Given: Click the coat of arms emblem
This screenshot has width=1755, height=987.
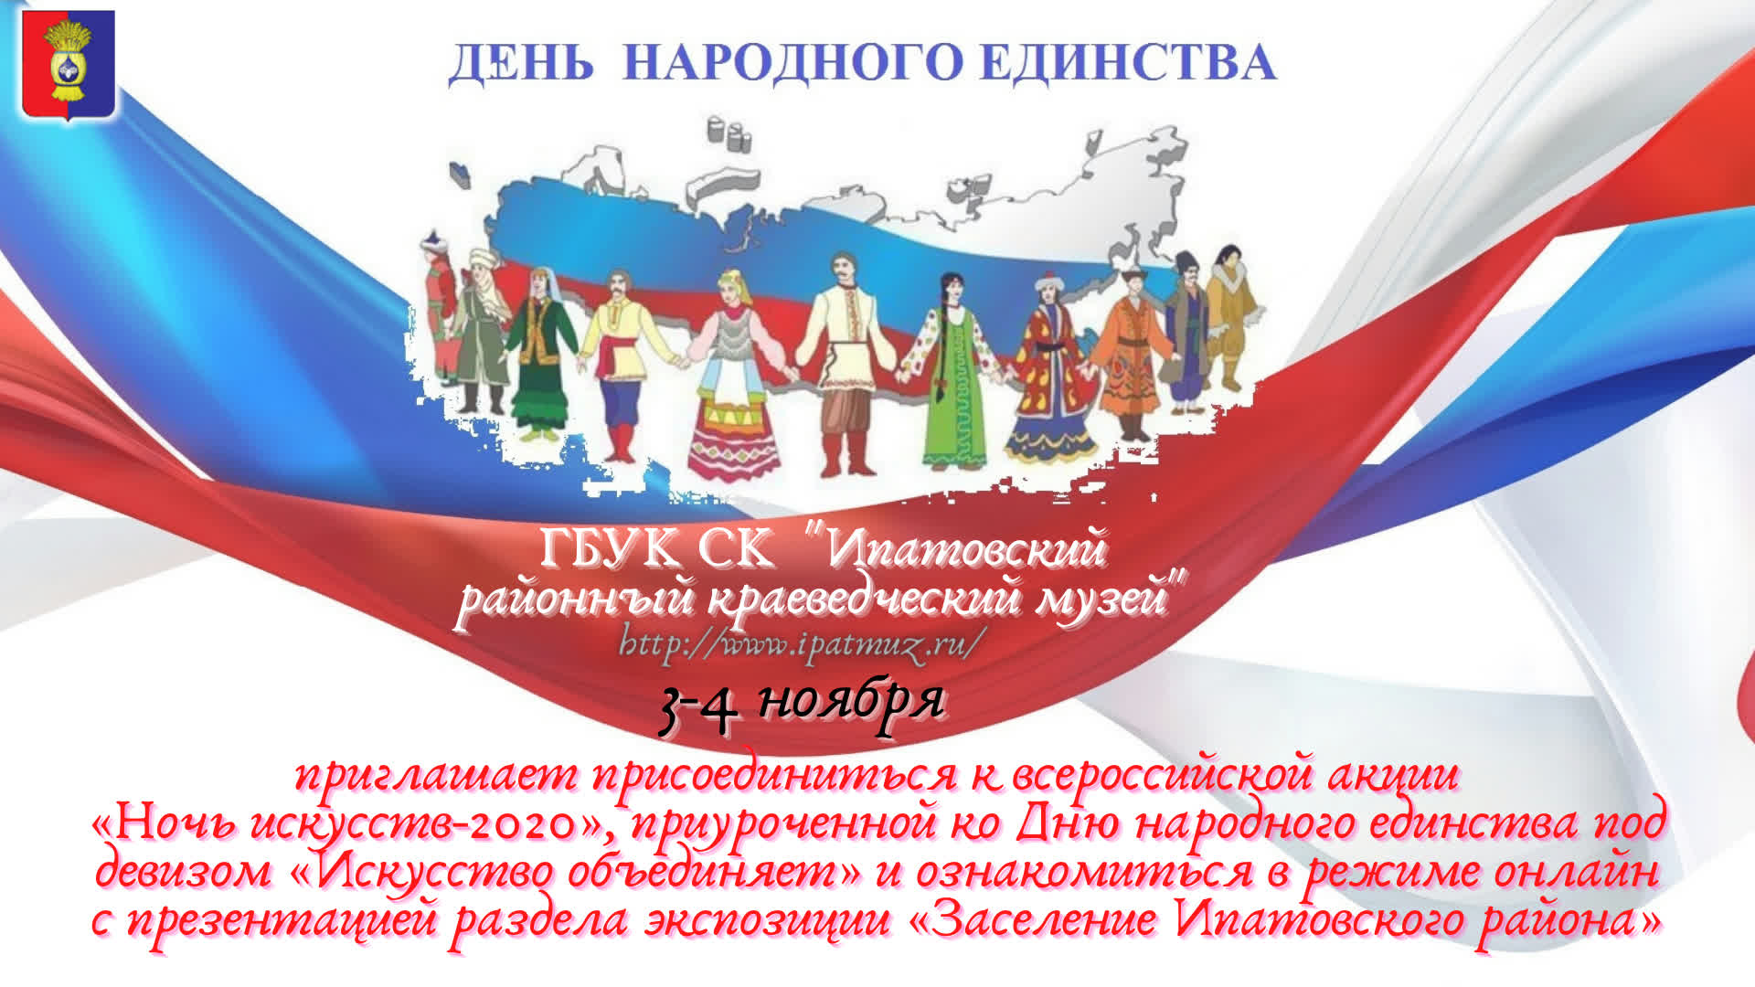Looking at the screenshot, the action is (69, 65).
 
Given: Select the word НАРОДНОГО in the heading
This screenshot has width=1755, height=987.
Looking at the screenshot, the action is (792, 62).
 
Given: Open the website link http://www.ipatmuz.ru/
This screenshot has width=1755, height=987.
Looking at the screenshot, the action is (803, 643).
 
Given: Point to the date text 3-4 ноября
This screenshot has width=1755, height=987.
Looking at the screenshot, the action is (801, 705).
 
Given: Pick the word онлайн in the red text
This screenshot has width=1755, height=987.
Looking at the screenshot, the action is (1576, 870).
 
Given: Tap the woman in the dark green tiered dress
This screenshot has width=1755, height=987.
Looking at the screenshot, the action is (541, 352).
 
